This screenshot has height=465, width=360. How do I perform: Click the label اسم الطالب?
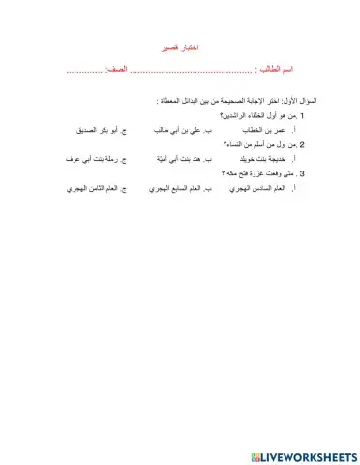point(273,70)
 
